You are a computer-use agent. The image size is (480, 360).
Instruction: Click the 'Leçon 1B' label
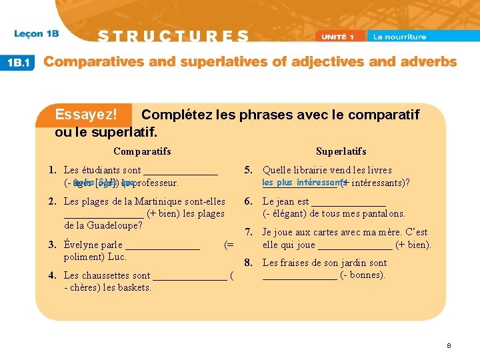37,34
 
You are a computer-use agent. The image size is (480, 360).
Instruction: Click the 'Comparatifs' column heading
142,151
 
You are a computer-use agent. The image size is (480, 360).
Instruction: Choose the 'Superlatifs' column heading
341,151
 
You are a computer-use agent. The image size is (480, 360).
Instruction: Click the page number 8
449,345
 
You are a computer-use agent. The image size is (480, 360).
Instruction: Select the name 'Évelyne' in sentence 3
81,245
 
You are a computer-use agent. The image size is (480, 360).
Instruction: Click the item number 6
247,201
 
